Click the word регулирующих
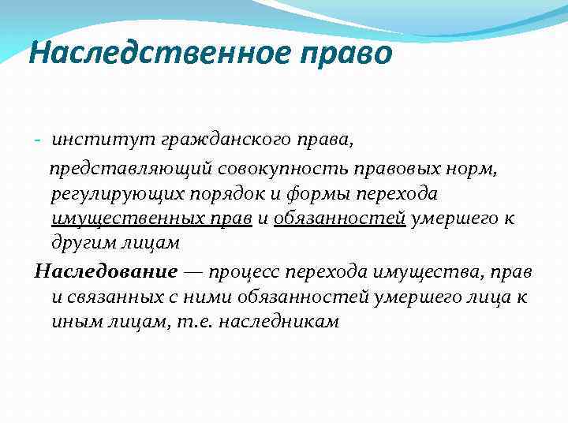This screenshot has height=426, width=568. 111,193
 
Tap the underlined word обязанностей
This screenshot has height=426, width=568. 339,218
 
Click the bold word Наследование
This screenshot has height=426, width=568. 106,271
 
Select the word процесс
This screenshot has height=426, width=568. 247,271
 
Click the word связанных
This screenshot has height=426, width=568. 108,297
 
